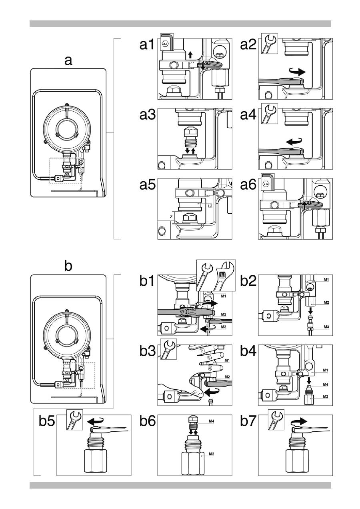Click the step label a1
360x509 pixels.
coord(147,44)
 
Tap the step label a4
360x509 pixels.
coord(248,114)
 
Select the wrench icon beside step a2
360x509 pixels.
coord(269,44)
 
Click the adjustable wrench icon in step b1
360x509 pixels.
coord(225,276)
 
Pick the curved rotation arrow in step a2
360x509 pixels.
coord(298,72)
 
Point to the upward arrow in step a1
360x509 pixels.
coord(190,54)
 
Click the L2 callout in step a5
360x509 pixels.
coord(210,206)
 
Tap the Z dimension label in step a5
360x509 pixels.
coord(171,217)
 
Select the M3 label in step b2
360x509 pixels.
coord(326,327)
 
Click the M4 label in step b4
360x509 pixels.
coord(326,385)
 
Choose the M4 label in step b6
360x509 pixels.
coord(212,421)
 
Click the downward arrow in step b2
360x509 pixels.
coord(311,311)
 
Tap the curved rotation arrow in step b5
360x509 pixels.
coord(95,421)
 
